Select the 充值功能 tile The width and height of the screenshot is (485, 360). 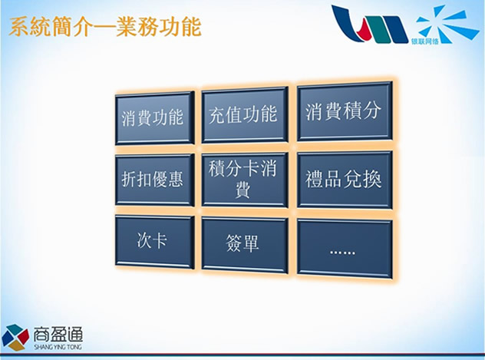(245, 114)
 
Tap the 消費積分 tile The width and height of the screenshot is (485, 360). (345, 111)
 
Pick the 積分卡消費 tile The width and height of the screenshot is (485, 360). (245, 180)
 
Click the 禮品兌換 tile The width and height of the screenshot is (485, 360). (345, 180)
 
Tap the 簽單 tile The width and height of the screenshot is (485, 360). (245, 245)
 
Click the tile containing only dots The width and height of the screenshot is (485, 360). (345, 248)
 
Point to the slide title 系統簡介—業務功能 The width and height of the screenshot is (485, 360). (105, 27)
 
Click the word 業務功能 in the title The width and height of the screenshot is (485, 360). (159, 27)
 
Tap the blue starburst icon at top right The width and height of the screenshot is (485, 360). (447, 24)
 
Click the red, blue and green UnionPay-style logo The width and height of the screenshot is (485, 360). (370, 24)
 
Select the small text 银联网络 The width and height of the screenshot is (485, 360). (424, 41)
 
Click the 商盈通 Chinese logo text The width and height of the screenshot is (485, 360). (58, 335)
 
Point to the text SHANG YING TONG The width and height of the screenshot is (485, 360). (58, 347)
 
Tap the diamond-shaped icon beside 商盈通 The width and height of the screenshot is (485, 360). (15, 337)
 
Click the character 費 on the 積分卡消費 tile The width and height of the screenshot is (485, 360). (242, 190)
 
